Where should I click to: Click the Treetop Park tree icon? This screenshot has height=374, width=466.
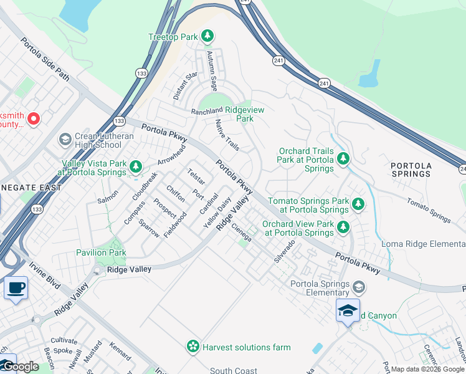point(207,37)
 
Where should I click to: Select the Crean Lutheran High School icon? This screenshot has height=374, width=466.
point(64,140)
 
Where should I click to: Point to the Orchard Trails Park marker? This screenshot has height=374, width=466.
point(343,160)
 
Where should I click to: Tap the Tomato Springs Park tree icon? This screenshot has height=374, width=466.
point(358,204)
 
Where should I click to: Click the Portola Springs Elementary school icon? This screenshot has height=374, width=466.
point(359,287)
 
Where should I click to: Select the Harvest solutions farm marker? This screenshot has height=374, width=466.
point(193,347)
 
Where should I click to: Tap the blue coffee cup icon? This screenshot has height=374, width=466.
point(16,289)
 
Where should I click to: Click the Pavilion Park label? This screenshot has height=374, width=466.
point(101,252)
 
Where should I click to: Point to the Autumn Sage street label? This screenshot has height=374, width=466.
point(212,70)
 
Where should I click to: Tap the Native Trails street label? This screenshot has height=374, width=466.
point(227,135)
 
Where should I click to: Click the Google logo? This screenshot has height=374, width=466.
point(20,367)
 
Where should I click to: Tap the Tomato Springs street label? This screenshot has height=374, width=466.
point(429,210)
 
